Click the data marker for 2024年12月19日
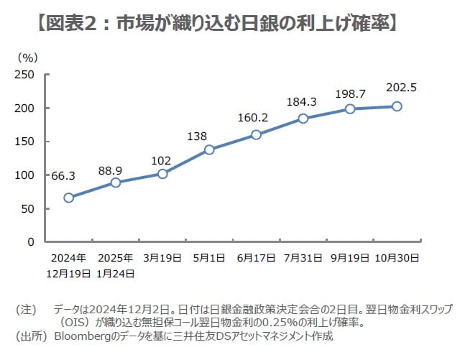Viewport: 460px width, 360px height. [x=68, y=198]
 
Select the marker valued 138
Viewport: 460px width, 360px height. [x=209, y=149]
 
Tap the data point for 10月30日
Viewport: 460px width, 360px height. [x=397, y=106]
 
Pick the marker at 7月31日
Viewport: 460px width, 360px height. [x=303, y=119]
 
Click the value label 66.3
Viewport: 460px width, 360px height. [x=63, y=175]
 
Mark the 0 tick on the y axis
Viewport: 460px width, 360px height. [x=31, y=241]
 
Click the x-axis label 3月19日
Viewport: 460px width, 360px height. [x=162, y=257]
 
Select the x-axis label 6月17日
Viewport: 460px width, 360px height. [x=256, y=257]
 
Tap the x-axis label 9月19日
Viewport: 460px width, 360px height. [x=350, y=257]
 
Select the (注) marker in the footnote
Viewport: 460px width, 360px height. [x=26, y=309]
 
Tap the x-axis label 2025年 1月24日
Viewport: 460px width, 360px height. [x=115, y=264]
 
